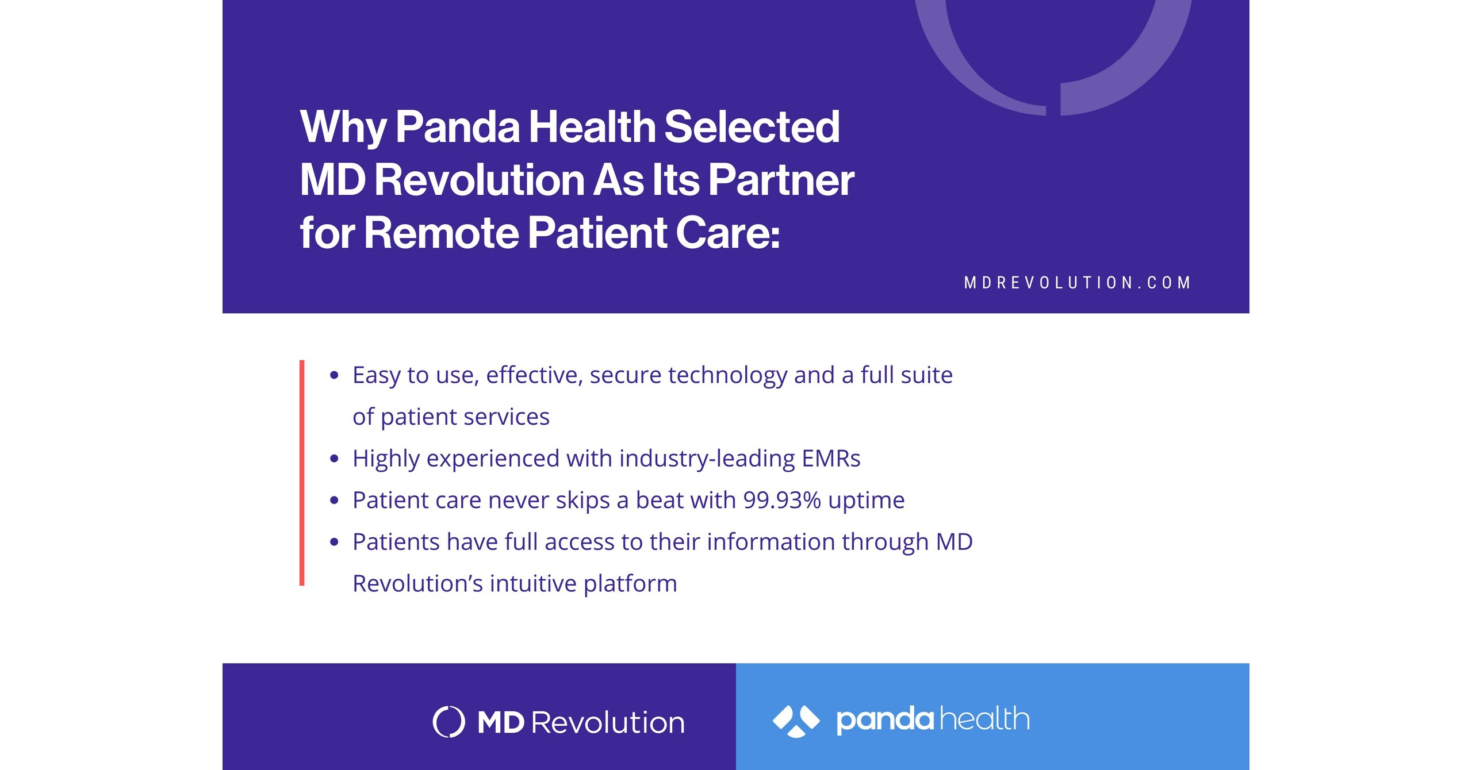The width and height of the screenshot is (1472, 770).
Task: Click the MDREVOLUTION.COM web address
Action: tap(1077, 283)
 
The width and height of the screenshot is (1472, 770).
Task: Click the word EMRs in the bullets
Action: tap(831, 459)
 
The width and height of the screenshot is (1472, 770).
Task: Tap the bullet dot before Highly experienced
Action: tap(334, 459)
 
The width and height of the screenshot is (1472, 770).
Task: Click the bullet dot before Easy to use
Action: tap(334, 376)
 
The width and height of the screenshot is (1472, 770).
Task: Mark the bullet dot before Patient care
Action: tap(334, 500)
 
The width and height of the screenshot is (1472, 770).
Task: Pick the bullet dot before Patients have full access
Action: tap(334, 542)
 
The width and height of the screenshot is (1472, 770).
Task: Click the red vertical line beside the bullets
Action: tap(302, 472)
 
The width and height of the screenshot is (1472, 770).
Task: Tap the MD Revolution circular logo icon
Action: tap(448, 722)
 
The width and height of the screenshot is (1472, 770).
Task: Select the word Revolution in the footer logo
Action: tap(608, 722)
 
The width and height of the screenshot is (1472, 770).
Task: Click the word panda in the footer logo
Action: tap(884, 720)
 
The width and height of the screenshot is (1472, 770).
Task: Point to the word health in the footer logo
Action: tap(984, 719)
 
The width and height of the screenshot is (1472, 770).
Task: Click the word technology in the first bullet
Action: tap(727, 375)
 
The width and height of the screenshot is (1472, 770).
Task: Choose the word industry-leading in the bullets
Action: tap(707, 459)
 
